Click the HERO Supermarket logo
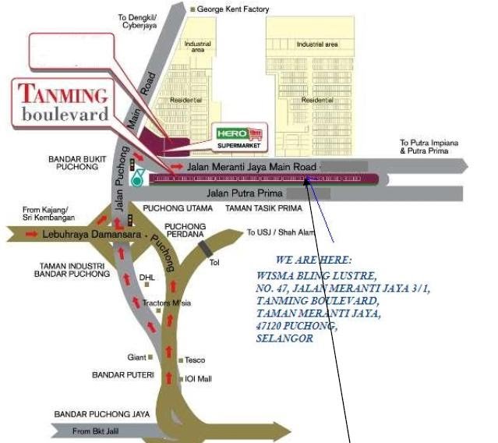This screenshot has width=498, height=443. [241, 136]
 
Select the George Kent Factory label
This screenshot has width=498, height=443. [233, 9]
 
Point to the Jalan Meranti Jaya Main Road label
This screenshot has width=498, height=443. [253, 166]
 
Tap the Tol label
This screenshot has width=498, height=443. [214, 262]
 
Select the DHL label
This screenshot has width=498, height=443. [147, 277]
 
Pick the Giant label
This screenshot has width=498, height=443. [136, 357]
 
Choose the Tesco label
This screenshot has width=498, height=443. [194, 360]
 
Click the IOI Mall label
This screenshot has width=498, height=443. [199, 379]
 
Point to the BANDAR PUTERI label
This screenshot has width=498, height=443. [123, 375]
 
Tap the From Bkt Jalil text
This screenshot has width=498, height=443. [97, 431]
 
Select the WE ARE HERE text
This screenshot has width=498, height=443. [313, 260]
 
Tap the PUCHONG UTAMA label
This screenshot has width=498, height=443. [178, 208]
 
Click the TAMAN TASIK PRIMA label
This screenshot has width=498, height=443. [263, 208]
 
